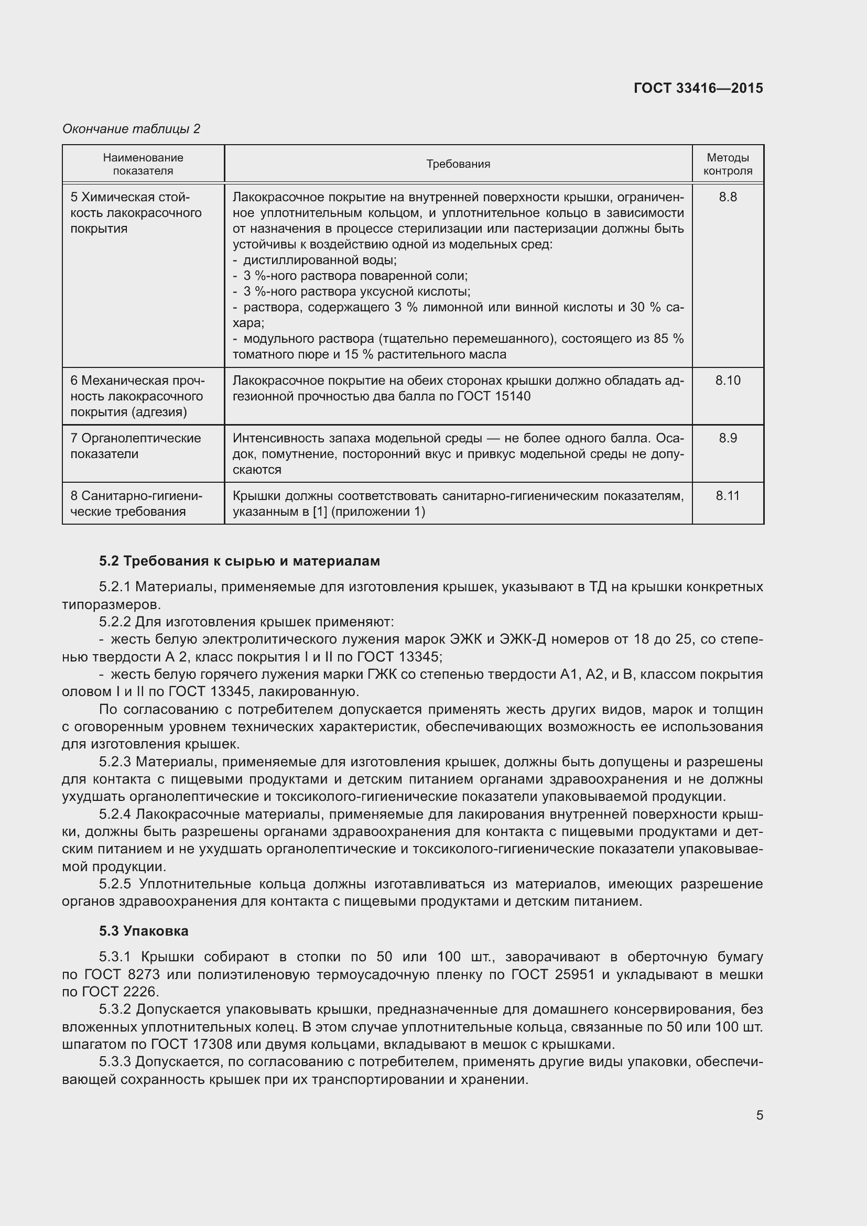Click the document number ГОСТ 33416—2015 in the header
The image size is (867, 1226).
[x=698, y=88]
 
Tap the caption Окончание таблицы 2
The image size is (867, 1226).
[x=131, y=129]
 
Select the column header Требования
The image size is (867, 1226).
[x=458, y=164]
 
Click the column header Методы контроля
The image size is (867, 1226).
[x=728, y=164]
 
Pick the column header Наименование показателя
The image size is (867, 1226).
[x=143, y=164]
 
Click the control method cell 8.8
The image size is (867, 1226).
[x=728, y=197]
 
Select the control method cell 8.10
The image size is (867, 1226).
[x=728, y=380]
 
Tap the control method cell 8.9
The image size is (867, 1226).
[x=728, y=438]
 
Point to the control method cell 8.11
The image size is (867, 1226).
[x=728, y=495]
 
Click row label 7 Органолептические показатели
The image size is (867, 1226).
[x=136, y=446]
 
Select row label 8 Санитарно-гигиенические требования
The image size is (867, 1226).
[x=136, y=504]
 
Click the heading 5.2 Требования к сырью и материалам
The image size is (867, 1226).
[x=240, y=561]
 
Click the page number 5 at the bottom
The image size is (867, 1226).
[x=759, y=1115]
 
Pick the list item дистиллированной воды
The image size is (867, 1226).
[x=319, y=260]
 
